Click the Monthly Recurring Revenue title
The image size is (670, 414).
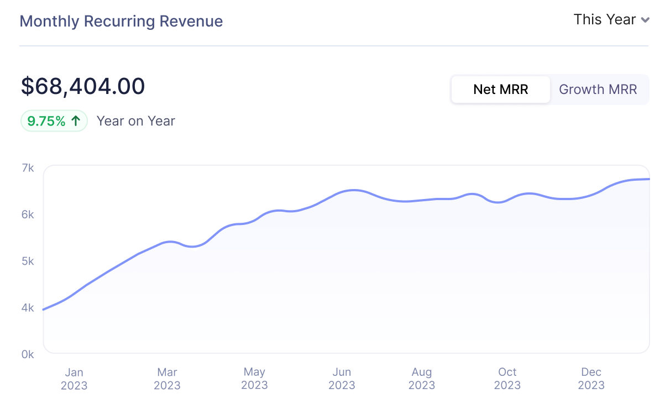tap(121, 22)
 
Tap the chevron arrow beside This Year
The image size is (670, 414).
tap(645, 20)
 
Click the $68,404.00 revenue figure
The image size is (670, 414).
tap(83, 87)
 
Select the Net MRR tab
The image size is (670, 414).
tap(500, 90)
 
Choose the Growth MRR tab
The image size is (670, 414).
tap(598, 90)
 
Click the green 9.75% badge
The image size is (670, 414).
tap(54, 121)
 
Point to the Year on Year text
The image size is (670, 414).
tap(135, 121)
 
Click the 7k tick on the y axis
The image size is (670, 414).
tap(28, 168)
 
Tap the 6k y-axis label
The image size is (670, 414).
tap(28, 214)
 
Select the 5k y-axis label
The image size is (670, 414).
tap(28, 261)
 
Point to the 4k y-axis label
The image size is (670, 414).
tap(28, 307)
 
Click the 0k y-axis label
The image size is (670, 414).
tap(28, 354)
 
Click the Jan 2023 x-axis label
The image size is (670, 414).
tap(74, 379)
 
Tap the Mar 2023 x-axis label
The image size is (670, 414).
tap(167, 379)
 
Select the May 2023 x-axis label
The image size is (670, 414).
tap(254, 379)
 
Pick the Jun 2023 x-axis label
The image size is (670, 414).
tap(342, 379)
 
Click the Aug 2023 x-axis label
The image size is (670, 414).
tap(422, 379)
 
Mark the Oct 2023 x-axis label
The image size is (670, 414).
tap(507, 379)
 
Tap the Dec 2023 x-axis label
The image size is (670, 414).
tap(591, 379)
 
